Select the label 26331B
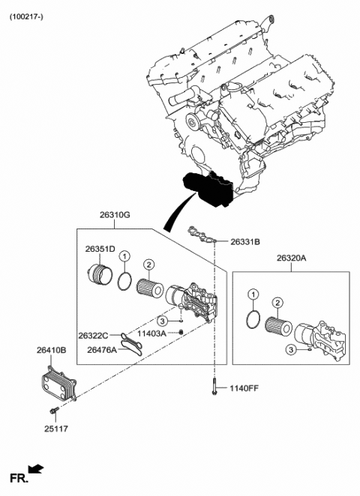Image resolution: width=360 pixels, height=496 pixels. pyautogui.click(x=245, y=242)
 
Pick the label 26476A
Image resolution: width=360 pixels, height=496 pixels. pyautogui.click(x=102, y=348)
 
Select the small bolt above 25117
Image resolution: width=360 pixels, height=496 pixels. pyautogui.click(x=54, y=410)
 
